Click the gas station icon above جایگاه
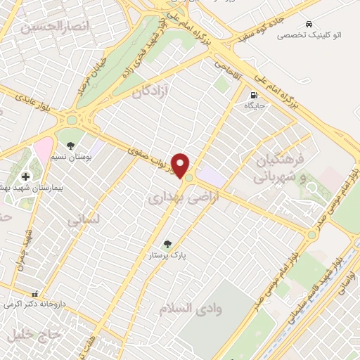252,94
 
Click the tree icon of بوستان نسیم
72,136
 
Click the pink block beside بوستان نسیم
43,148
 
